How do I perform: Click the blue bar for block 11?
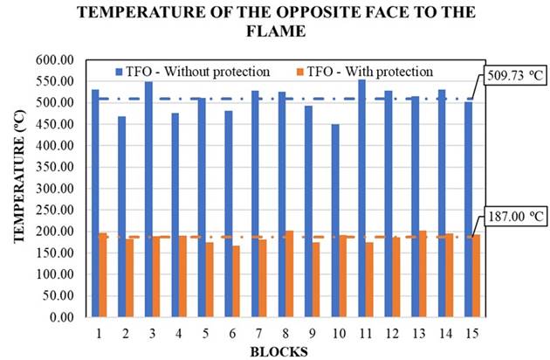(361, 197)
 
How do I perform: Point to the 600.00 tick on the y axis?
(60, 60)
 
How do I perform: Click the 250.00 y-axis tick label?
(60, 210)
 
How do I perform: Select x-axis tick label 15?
(472, 332)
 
